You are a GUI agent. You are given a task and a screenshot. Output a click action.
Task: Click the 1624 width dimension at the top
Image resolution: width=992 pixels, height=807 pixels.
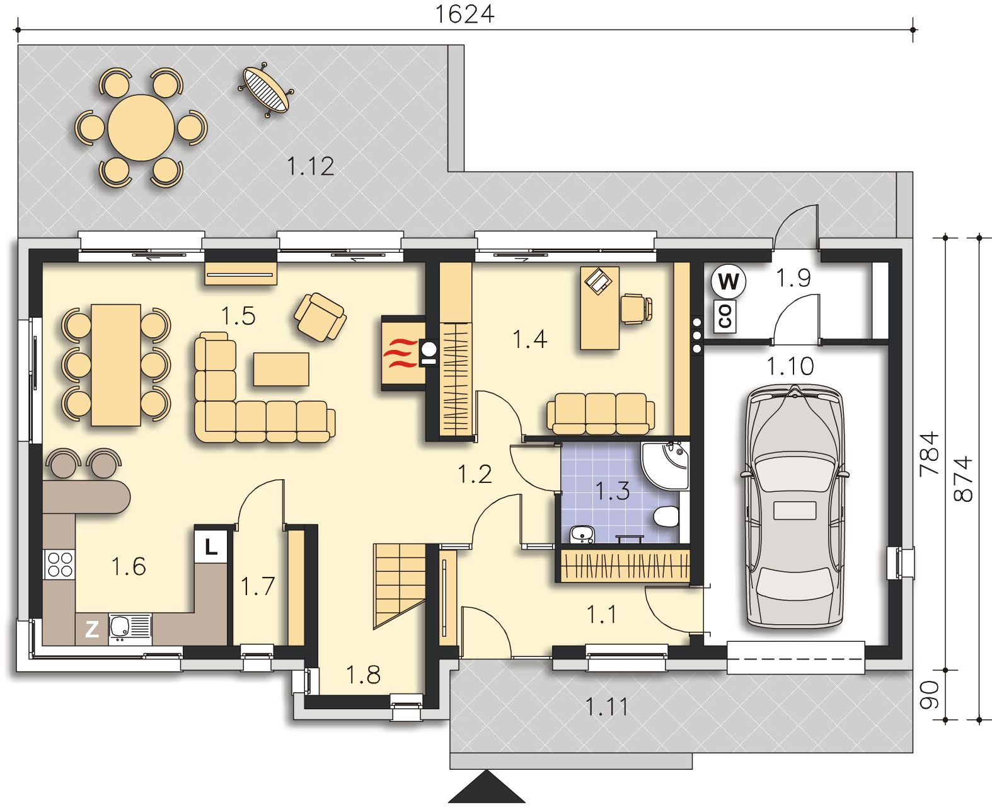click(464, 15)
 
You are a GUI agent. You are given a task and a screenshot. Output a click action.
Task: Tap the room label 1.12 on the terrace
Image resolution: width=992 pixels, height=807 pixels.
click(311, 166)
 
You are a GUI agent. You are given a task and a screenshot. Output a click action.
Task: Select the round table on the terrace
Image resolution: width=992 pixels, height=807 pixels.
click(141, 127)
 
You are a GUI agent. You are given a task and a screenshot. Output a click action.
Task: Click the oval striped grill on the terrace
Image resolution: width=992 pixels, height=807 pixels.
click(266, 90)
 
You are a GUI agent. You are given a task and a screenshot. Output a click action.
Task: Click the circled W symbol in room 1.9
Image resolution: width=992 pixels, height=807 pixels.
click(729, 281)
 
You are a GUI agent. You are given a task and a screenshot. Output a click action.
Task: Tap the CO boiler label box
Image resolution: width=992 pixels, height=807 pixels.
click(725, 316)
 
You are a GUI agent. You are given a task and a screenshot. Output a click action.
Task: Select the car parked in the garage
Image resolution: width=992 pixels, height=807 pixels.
click(795, 506)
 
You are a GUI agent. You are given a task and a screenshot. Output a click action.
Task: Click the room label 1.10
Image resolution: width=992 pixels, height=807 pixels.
click(790, 366)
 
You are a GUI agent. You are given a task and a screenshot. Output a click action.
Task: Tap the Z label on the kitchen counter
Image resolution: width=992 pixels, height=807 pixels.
click(92, 629)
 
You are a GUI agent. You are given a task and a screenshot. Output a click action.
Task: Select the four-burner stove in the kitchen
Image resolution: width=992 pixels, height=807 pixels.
click(60, 564)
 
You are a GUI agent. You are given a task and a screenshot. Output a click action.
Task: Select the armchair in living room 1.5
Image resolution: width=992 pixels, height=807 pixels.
click(320, 317)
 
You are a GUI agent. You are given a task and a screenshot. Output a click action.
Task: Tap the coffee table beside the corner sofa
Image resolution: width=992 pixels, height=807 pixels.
click(281, 369)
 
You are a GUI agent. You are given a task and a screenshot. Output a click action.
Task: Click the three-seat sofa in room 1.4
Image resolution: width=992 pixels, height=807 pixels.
click(601, 414)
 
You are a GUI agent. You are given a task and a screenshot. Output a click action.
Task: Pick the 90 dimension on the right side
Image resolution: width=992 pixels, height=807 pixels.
click(929, 695)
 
